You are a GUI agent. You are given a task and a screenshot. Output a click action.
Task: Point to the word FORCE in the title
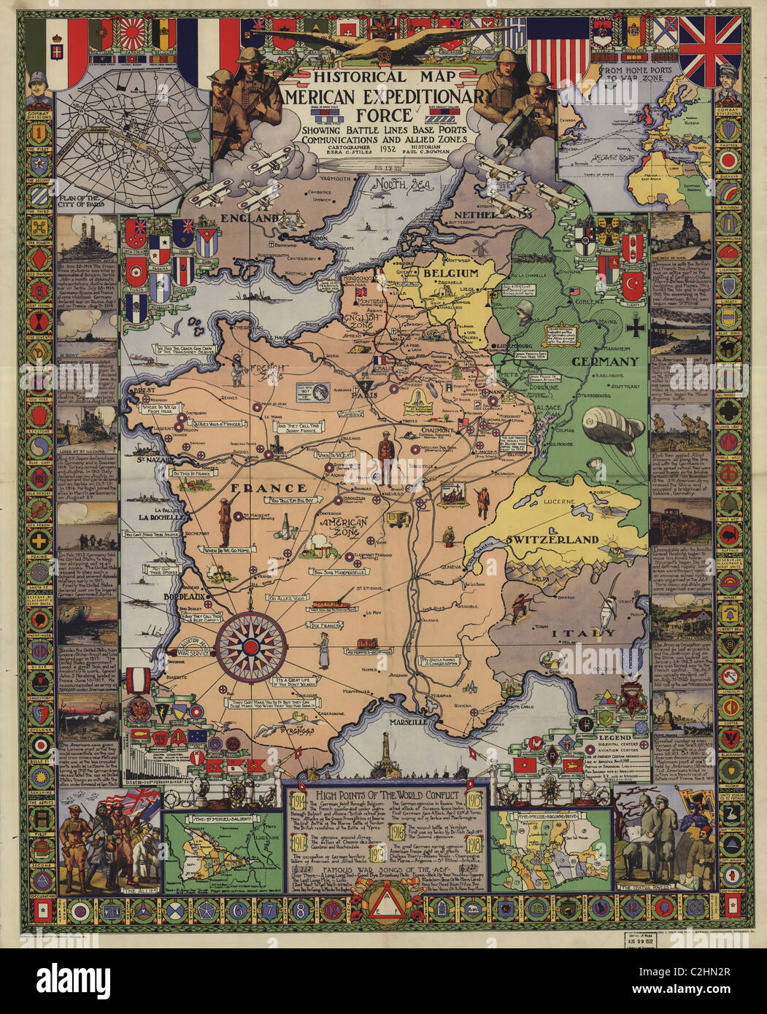coord(379,114)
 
